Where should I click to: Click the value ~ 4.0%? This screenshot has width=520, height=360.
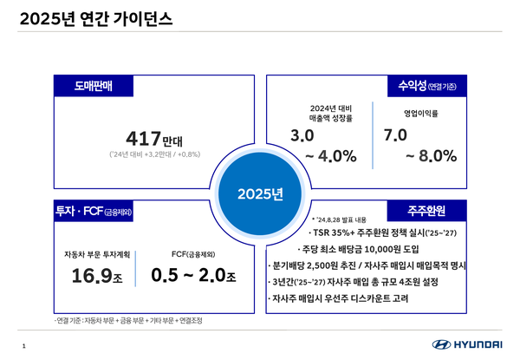(x=325, y=155)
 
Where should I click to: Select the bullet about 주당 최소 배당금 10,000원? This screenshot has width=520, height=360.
(x=369, y=248)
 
